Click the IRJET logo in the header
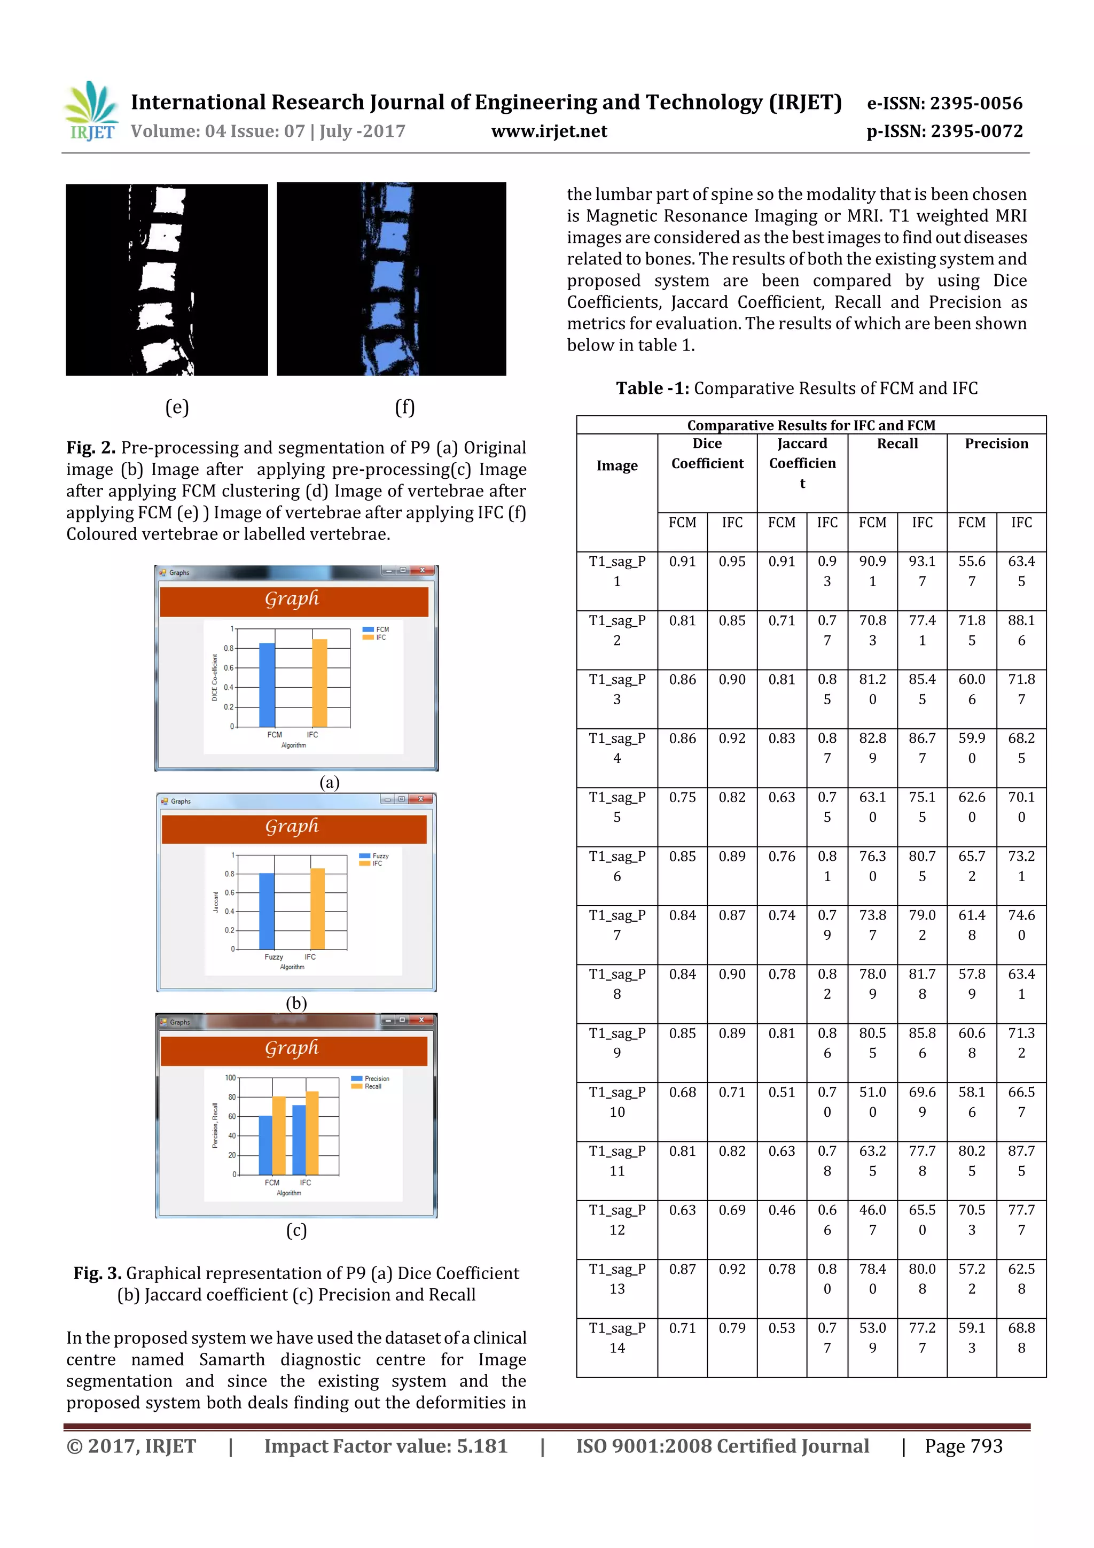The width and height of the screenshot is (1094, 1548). pyautogui.click(x=91, y=111)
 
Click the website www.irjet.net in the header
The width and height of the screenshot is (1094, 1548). pyautogui.click(x=549, y=131)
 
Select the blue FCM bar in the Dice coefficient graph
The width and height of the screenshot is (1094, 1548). pyautogui.click(x=267, y=684)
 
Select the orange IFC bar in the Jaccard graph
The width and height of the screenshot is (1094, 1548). pyautogui.click(x=317, y=908)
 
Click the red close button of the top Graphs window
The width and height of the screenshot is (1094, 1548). pyautogui.click(x=423, y=570)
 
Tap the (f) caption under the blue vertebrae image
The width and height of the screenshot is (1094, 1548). pyautogui.click(x=404, y=407)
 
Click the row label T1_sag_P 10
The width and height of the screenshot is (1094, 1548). pyautogui.click(x=617, y=1102)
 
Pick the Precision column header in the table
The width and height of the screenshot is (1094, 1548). pyautogui.click(x=996, y=444)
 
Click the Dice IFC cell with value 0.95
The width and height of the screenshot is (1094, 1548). pyautogui.click(x=731, y=561)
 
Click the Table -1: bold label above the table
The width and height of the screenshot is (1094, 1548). pyautogui.click(x=652, y=388)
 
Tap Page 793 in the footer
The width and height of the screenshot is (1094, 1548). pyautogui.click(x=963, y=1445)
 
